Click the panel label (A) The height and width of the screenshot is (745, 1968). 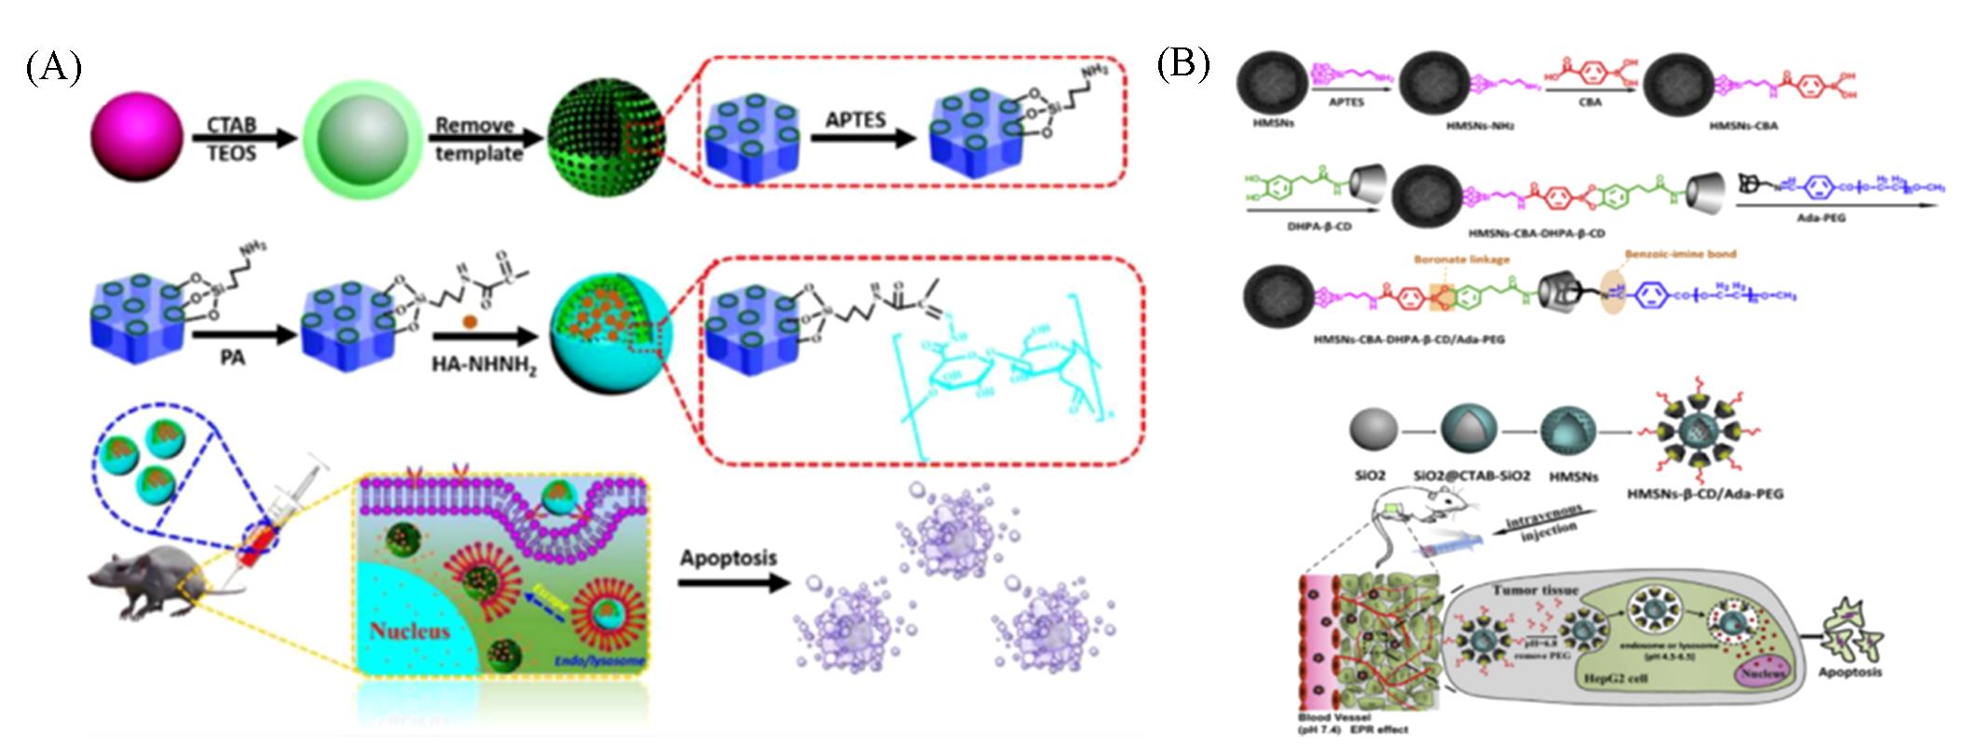tap(54, 69)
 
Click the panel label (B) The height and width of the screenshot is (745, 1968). tap(1182, 63)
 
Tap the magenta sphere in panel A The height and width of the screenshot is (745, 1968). tap(137, 140)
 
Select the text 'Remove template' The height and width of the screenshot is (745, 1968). tap(475, 139)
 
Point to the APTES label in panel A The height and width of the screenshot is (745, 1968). tap(855, 119)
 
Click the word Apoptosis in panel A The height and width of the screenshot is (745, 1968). tap(728, 558)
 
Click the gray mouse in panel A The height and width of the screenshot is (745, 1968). tap(149, 582)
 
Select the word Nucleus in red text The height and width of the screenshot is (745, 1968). tap(410, 630)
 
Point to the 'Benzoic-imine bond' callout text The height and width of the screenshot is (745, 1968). tap(1680, 253)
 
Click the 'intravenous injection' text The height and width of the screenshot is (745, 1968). tap(1540, 531)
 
